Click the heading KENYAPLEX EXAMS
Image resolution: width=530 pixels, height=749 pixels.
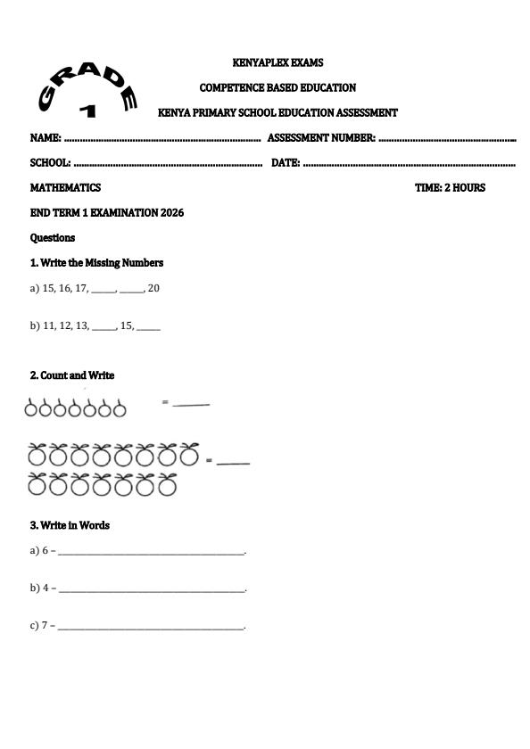[277, 63]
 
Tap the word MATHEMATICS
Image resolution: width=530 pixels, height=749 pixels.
[65, 188]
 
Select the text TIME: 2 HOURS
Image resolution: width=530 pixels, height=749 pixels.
[450, 188]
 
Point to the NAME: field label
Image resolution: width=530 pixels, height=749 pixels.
[46, 138]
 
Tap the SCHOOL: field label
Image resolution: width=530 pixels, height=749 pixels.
[50, 163]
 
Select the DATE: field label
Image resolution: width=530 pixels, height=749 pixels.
[285, 163]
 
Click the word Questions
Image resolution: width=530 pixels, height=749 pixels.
[53, 238]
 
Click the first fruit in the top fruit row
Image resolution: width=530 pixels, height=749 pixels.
[32, 408]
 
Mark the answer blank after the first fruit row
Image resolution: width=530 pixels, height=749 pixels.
[190, 405]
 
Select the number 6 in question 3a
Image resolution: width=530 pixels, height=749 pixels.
[45, 551]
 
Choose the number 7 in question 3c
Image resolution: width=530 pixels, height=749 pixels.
[45, 626]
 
